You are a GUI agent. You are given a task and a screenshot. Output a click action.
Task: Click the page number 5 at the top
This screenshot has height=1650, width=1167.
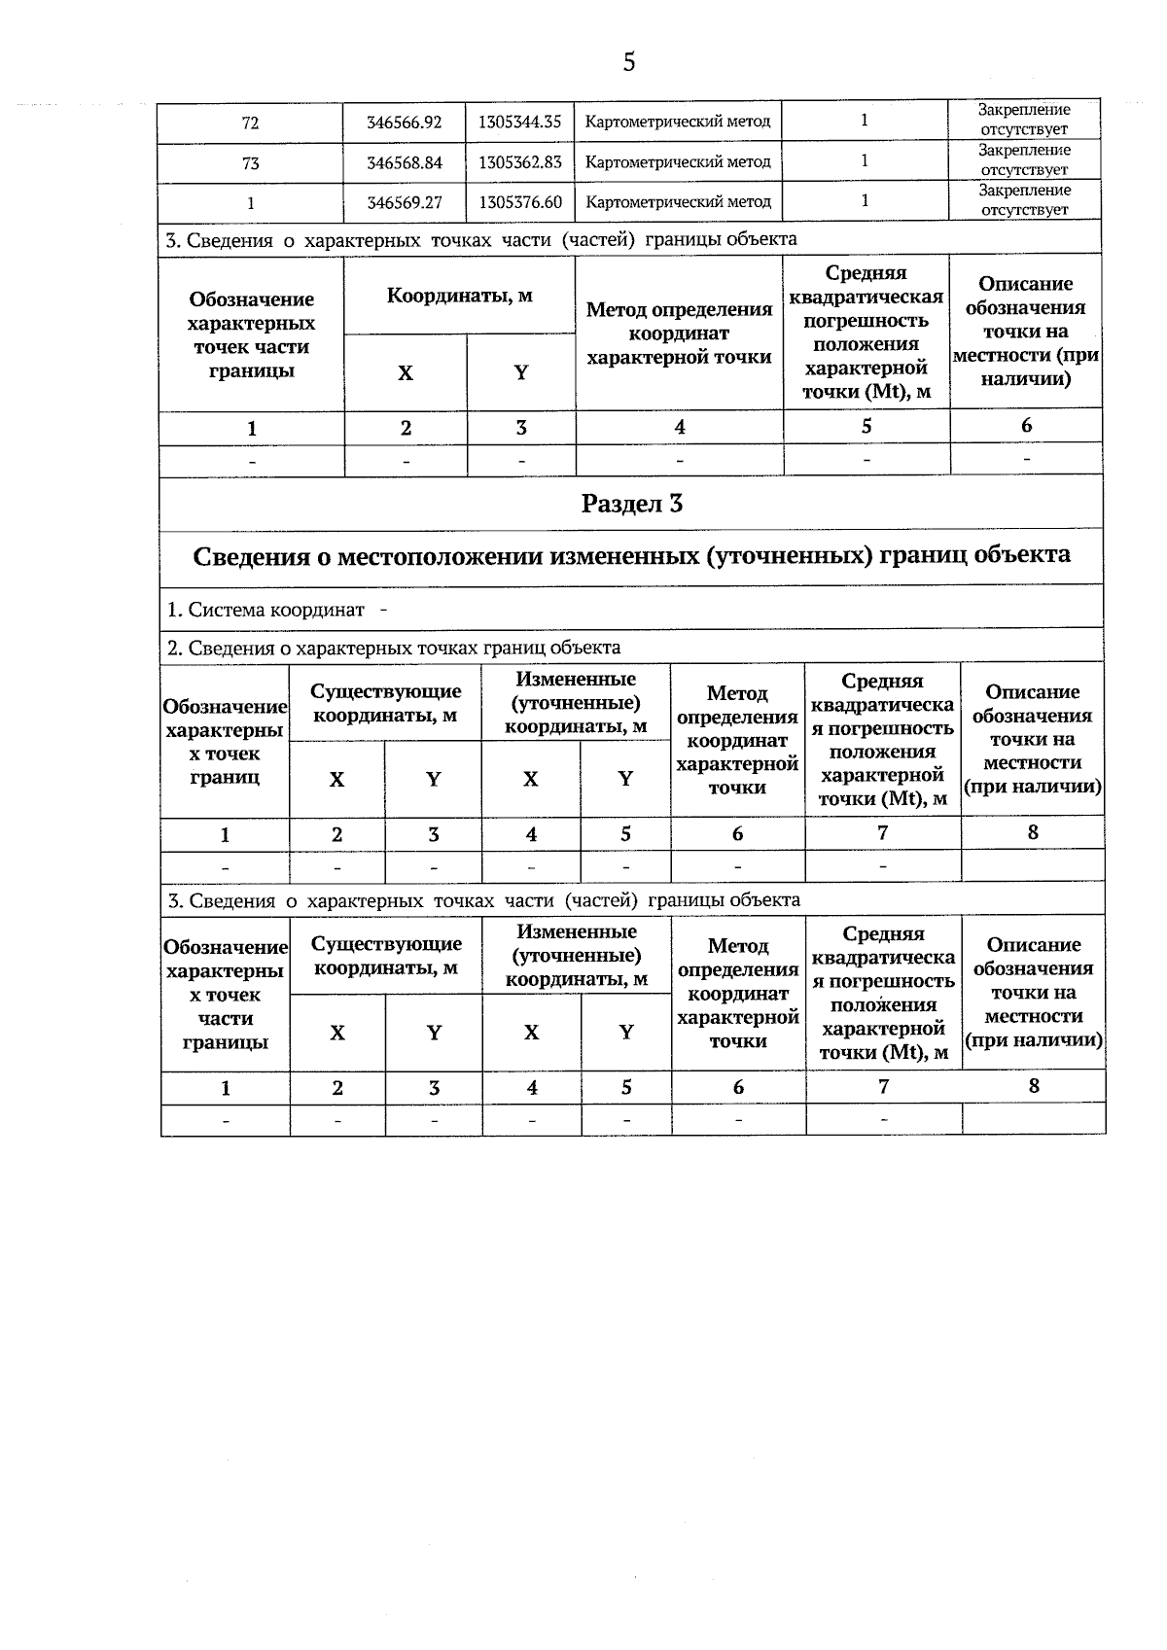tap(628, 63)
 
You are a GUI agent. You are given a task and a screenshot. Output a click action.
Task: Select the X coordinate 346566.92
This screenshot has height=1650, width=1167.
tap(404, 123)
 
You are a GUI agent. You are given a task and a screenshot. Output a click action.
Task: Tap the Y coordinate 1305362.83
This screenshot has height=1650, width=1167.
tap(520, 162)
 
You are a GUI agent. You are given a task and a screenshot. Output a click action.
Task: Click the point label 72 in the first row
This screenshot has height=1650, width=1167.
tap(250, 123)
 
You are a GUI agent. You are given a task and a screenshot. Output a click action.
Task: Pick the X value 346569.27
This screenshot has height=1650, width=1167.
tap(404, 202)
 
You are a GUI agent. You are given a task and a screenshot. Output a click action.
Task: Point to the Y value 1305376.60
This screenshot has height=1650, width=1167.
tap(520, 202)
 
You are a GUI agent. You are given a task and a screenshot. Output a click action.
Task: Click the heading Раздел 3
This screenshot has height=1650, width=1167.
tap(631, 504)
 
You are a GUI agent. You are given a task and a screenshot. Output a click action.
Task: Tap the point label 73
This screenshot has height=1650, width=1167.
tap(250, 163)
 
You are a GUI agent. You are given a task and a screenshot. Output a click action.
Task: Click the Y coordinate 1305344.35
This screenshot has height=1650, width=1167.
tap(520, 123)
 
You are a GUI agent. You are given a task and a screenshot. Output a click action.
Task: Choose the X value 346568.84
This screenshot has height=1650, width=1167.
tap(404, 162)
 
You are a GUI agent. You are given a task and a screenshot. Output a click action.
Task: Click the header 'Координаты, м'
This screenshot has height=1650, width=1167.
tap(459, 295)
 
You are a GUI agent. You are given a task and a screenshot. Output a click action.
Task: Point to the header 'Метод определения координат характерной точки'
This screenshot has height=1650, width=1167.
tap(679, 334)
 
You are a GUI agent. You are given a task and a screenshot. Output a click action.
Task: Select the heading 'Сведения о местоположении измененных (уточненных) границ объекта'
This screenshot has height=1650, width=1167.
tap(631, 555)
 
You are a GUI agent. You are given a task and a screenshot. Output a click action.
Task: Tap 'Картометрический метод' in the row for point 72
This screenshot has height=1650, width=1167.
tap(678, 123)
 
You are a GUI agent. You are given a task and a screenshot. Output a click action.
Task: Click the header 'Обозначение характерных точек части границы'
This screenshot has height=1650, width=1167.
tap(251, 334)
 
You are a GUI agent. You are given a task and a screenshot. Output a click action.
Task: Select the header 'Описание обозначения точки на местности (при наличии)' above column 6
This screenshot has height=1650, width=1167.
tap(1026, 332)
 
